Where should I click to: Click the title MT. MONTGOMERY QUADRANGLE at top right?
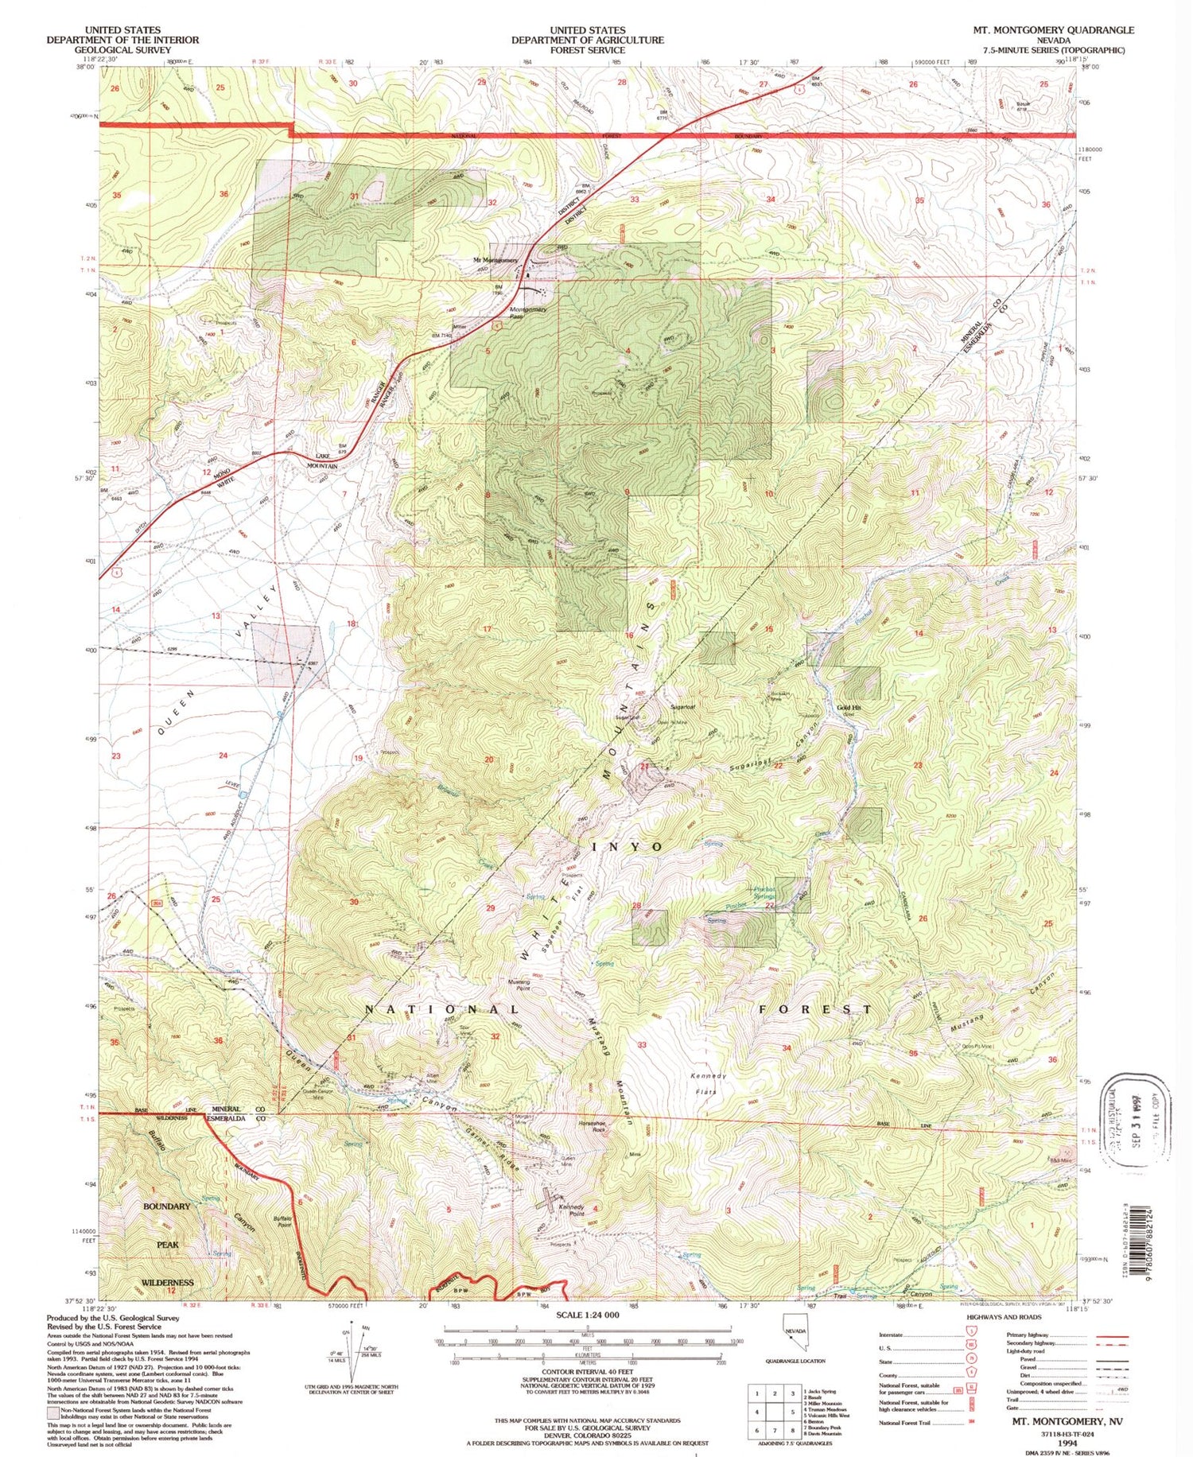coord(1053,30)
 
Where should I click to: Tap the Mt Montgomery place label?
coord(495,260)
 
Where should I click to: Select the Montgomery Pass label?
coord(527,313)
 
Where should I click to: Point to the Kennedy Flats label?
coord(707,1083)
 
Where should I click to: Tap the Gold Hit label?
coord(849,707)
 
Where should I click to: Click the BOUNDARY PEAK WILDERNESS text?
coord(167,1245)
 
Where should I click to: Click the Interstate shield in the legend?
coord(973,1335)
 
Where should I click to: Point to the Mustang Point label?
coord(519,985)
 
